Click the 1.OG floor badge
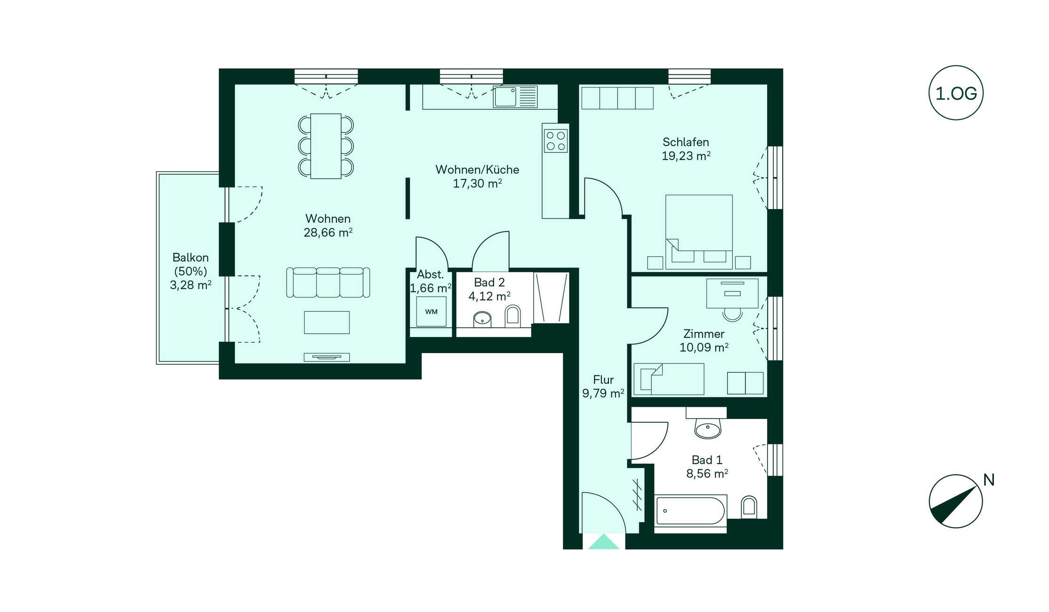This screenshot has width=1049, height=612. [x=956, y=93]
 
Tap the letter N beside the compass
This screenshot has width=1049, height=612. [x=989, y=480]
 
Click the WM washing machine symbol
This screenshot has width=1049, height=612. [x=431, y=312]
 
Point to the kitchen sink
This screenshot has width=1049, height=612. [x=515, y=97]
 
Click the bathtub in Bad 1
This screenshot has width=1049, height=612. [x=690, y=510]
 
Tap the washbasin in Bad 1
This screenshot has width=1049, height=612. [x=707, y=429]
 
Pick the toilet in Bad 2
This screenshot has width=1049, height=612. [x=512, y=316]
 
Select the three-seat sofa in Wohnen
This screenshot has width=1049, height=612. [x=328, y=282]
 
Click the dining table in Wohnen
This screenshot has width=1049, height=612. [x=326, y=146]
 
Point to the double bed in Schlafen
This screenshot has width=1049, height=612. [x=699, y=232]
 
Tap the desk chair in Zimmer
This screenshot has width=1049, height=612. [x=732, y=314]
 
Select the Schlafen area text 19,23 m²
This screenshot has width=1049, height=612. [x=686, y=156]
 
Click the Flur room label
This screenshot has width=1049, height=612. [x=603, y=379]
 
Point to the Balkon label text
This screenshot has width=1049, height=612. [x=190, y=258]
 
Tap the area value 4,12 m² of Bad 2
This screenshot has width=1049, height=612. [x=489, y=296]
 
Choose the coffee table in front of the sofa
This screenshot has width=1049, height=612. [x=327, y=322]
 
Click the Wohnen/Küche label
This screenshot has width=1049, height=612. [x=477, y=169]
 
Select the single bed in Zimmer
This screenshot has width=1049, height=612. [x=669, y=379]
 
